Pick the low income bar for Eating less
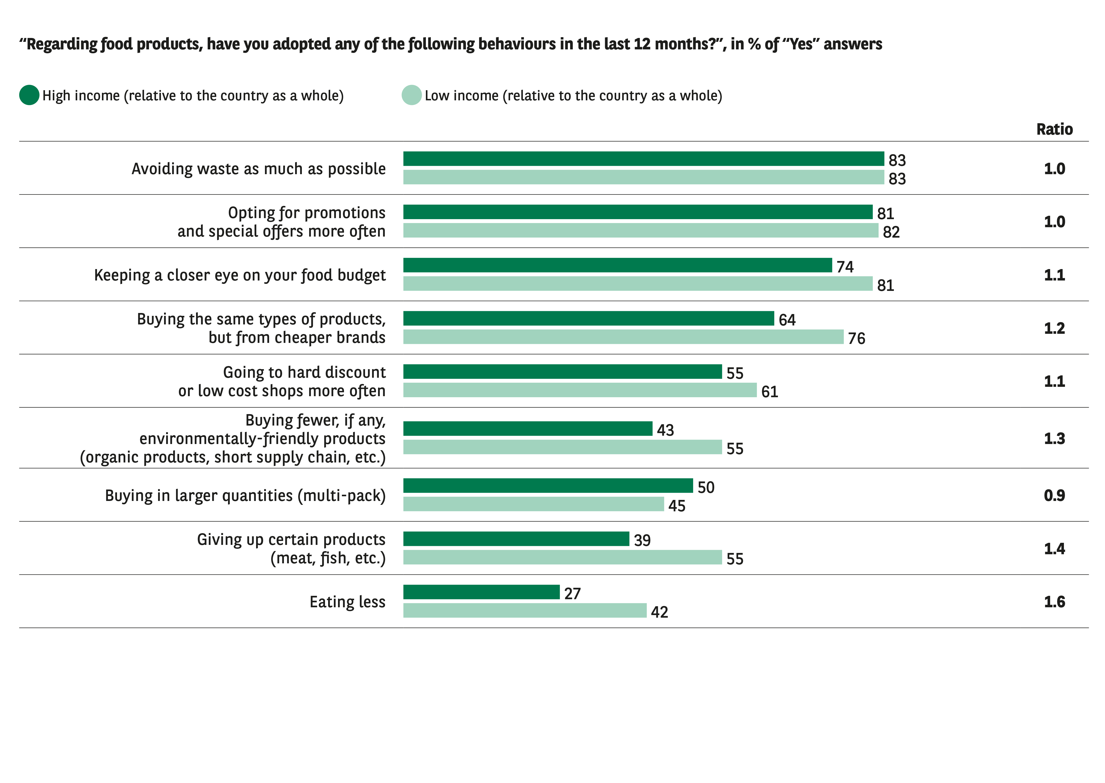524,610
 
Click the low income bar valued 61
580,390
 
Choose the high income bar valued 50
548,486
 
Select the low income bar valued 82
640,231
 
